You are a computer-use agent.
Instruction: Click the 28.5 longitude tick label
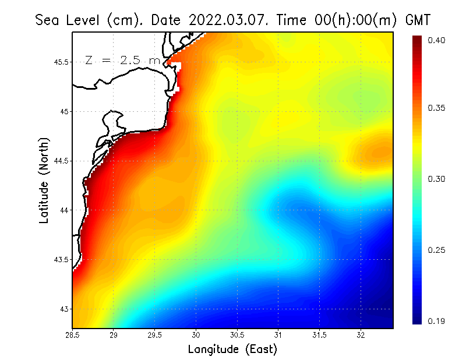pyautogui.click(x=73, y=335)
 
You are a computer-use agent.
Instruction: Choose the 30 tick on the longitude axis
pyautogui.click(x=196, y=335)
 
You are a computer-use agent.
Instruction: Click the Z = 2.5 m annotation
pyautogui.click(x=122, y=60)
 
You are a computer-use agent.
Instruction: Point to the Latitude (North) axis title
pyautogui.click(x=44, y=181)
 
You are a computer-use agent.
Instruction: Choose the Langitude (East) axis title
pyautogui.click(x=232, y=350)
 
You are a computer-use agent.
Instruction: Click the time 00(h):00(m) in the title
pyautogui.click(x=352, y=20)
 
